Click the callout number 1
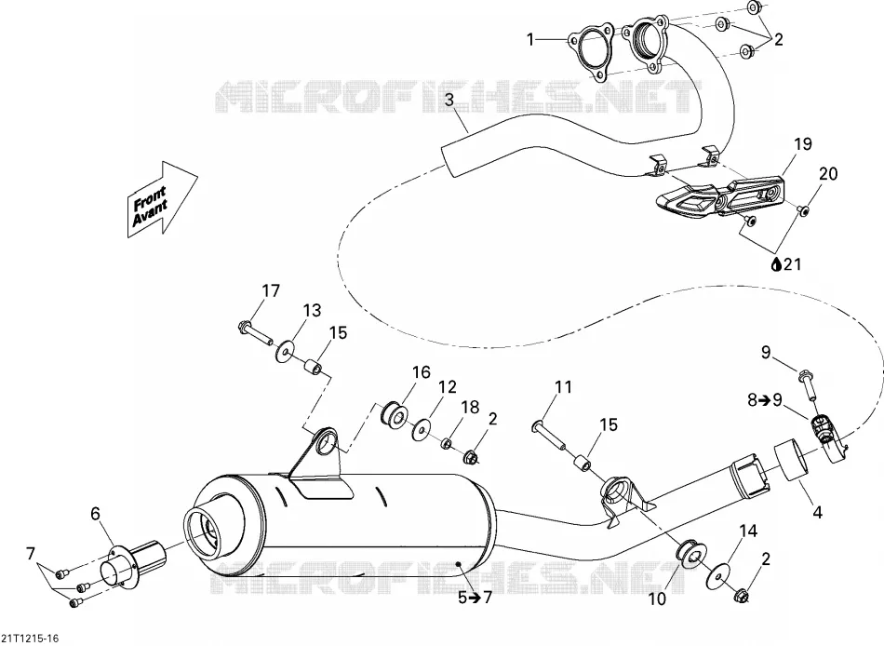coord(530,39)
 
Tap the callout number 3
coord(449,100)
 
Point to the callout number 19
coord(803,144)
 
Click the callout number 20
coord(828,174)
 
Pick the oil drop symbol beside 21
coord(776,263)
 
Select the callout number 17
coord(271,290)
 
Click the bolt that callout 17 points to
coord(255,332)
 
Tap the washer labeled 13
coord(286,353)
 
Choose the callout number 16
coord(422,372)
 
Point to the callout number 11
coord(563,386)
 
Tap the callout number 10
coord(657,599)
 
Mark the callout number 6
coord(95,514)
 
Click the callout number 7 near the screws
coord(31,554)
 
